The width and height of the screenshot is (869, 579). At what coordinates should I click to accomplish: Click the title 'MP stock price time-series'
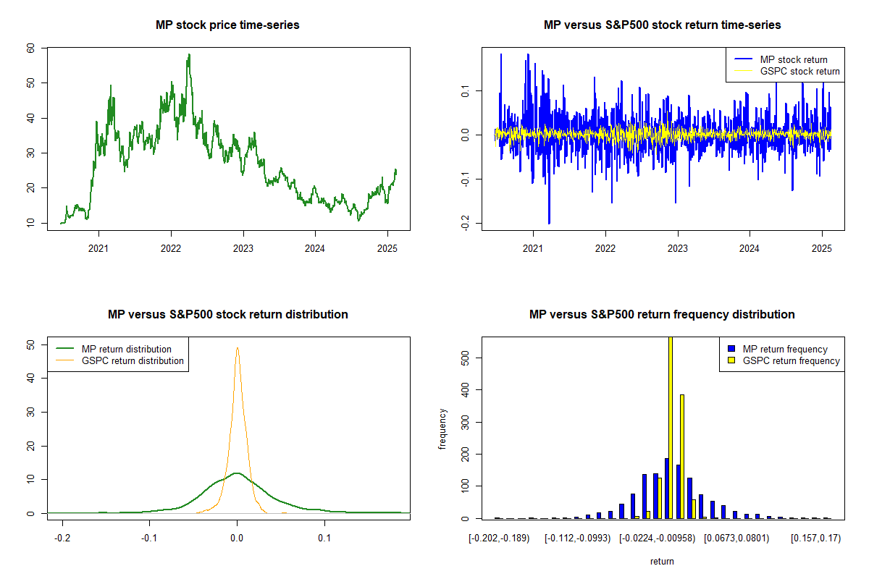pos(227,25)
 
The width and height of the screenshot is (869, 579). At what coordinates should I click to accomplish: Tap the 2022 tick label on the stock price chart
pos(171,248)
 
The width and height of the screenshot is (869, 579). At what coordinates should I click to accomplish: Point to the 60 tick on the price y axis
pos(30,48)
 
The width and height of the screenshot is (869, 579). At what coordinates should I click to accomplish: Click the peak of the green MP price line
pos(189,55)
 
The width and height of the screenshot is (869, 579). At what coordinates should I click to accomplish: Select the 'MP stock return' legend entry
pos(781,60)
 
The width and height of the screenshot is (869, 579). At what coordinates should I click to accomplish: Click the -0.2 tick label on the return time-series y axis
pos(465,223)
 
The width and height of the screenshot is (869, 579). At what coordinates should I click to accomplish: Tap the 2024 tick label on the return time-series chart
pos(749,248)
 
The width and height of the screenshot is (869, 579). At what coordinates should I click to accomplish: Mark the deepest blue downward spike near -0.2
pos(549,223)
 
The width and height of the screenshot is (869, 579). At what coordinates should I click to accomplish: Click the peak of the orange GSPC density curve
pos(238,348)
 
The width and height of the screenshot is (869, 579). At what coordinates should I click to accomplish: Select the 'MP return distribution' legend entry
pos(114,349)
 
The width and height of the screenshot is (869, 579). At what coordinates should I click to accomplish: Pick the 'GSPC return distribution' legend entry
pos(120,360)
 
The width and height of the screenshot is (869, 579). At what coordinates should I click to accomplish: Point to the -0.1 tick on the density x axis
pos(149,538)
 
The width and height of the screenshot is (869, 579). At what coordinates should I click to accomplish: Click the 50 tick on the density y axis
pos(30,345)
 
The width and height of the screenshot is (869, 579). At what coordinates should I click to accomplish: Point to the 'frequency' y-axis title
pos(442,429)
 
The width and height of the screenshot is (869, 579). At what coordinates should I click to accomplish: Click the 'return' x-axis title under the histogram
pos(662,561)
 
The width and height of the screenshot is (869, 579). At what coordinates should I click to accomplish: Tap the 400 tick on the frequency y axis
pos(465,389)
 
